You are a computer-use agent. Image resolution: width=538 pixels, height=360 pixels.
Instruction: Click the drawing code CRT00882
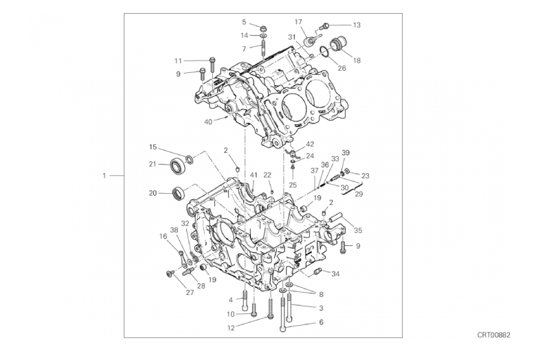(x=493, y=335)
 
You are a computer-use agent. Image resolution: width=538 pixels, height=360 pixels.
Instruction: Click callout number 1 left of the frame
(x=104, y=176)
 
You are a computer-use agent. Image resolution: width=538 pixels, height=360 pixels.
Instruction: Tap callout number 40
(x=208, y=122)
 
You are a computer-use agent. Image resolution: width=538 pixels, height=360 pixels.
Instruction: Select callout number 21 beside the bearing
(x=153, y=164)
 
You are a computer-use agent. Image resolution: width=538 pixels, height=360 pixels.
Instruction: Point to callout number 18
(x=357, y=60)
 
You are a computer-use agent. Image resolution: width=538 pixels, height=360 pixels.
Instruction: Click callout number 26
(x=341, y=68)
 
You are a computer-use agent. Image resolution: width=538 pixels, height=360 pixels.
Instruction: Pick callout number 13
(x=357, y=25)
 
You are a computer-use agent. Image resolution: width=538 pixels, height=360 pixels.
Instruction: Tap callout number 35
(x=358, y=230)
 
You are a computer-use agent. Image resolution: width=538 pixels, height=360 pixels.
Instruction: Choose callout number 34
(x=335, y=273)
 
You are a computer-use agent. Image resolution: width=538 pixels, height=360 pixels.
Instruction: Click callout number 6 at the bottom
(x=321, y=322)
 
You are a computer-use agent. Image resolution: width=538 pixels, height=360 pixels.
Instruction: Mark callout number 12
(x=232, y=328)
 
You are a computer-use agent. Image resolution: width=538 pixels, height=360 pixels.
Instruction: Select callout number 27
(x=190, y=293)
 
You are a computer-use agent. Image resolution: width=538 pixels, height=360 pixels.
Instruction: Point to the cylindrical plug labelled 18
(x=338, y=43)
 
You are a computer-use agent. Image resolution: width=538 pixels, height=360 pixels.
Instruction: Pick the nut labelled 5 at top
(x=263, y=27)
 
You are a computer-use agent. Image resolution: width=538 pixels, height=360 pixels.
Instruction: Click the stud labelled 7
(x=263, y=48)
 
